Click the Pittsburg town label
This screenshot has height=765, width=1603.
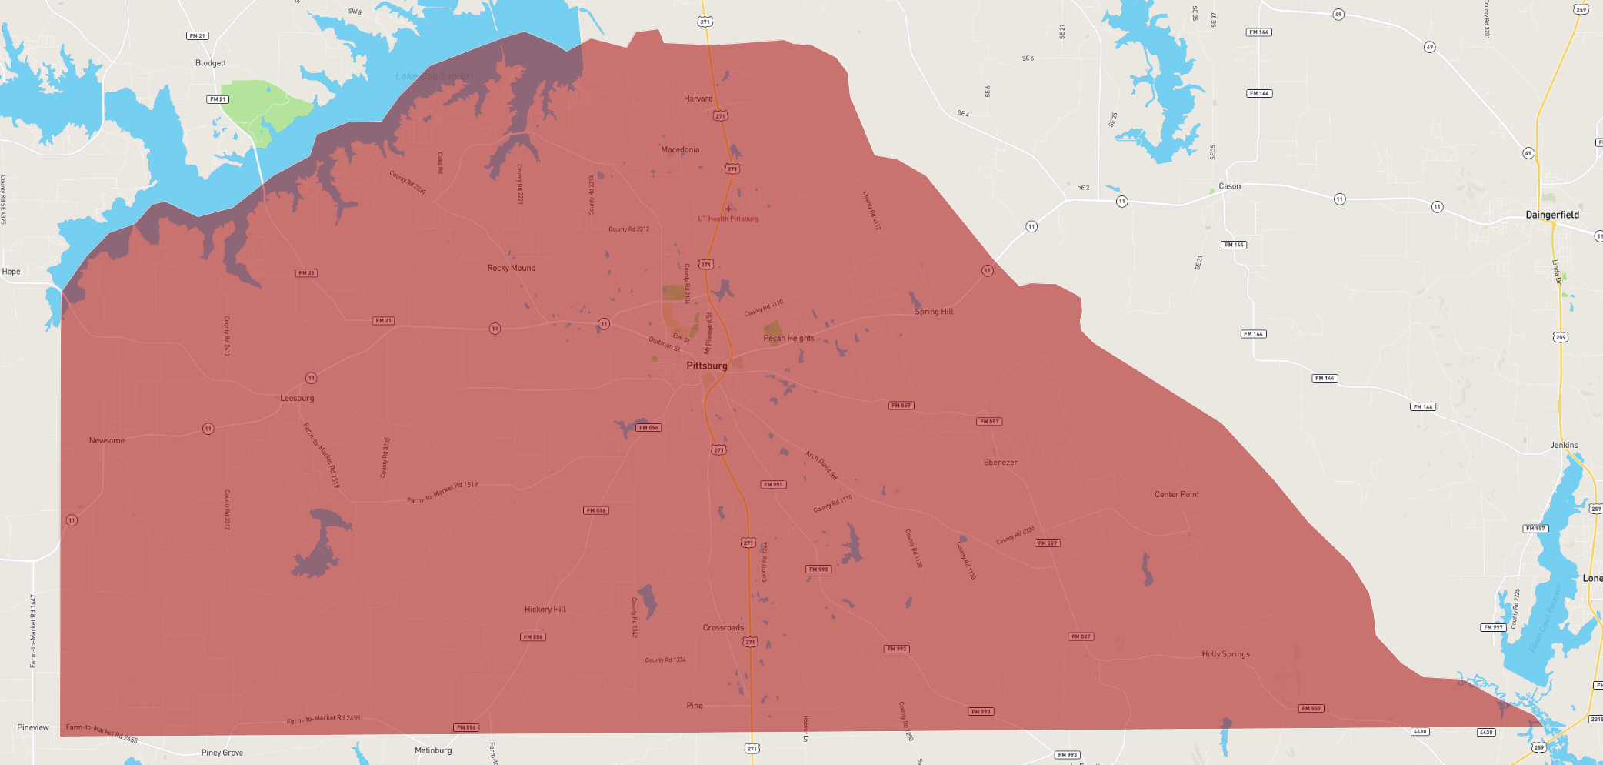pos(706,366)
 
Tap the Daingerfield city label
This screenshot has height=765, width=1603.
pos(1552,215)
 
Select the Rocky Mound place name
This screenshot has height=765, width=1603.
pos(511,268)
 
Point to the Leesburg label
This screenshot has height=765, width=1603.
pos(297,398)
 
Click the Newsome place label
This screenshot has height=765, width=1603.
pos(106,440)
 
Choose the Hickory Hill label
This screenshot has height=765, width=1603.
pos(545,609)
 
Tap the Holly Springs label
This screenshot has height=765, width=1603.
pos(1225,653)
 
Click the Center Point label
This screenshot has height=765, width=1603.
pos(1176,494)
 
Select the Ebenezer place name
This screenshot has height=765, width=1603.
pos(1000,462)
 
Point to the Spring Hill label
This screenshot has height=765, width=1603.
pos(934,312)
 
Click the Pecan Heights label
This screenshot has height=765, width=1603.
pos(788,338)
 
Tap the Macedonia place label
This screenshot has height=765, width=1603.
pos(680,149)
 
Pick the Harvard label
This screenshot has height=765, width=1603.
pos(698,99)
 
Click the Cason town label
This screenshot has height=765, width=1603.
pos(1229,186)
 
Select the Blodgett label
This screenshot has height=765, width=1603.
pos(210,63)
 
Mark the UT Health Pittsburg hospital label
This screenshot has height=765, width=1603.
pos(728,219)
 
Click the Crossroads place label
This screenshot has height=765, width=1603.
pos(723,627)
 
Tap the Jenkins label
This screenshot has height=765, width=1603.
pos(1564,445)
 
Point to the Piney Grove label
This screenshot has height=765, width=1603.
pos(222,753)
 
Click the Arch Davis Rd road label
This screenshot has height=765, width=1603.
pos(821,465)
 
